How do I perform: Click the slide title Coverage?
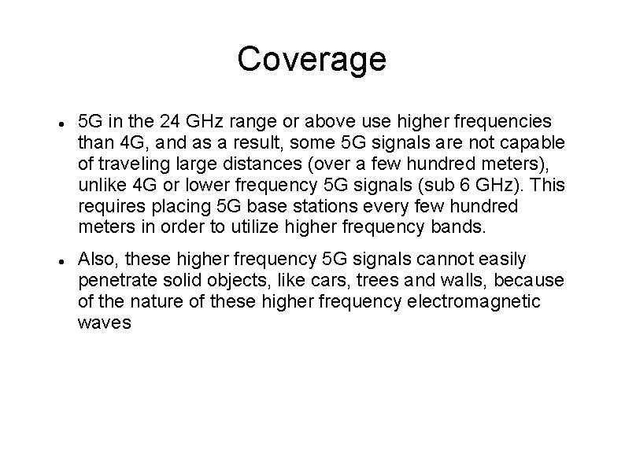pyautogui.click(x=312, y=59)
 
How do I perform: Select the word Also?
pyautogui.click(x=98, y=259)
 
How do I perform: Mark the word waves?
pyautogui.click(x=105, y=323)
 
